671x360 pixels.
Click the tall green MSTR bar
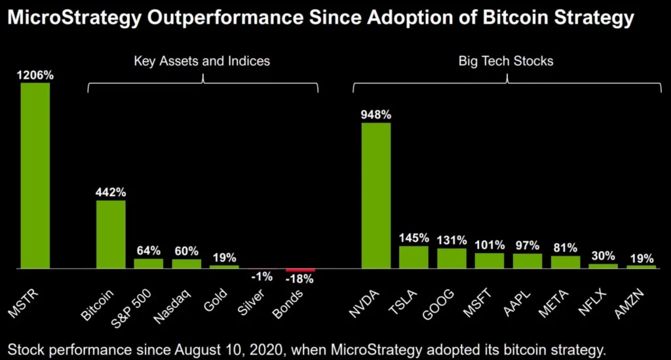pos(35,176)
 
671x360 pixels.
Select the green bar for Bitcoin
pos(111,234)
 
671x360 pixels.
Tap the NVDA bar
pos(376,195)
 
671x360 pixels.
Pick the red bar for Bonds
pos(300,270)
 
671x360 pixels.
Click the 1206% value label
pos(35,75)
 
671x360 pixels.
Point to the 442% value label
pos(111,192)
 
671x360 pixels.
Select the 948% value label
pos(376,115)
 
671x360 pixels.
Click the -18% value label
pos(300,279)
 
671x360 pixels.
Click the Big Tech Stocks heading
pos(506,61)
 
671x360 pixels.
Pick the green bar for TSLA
pos(413,257)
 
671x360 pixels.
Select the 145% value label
pos(413,238)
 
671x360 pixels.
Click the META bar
pos(565,262)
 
